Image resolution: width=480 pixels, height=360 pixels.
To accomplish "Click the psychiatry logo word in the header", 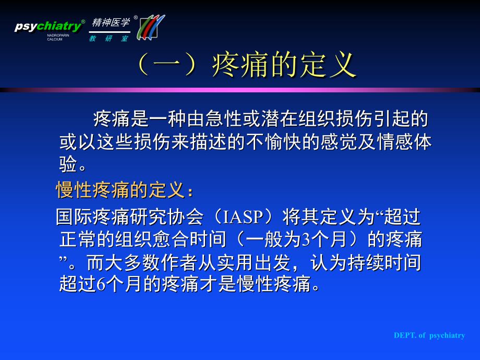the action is (x=48, y=26).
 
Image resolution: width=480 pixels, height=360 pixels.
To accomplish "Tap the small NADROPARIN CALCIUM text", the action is (x=58, y=38).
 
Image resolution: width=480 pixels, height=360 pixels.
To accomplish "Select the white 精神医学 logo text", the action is (x=111, y=22).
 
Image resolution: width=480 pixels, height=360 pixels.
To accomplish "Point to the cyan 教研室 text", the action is (x=109, y=39).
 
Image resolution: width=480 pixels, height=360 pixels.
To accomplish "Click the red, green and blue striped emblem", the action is (x=151, y=27).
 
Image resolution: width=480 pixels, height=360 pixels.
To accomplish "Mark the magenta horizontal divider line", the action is (x=240, y=90).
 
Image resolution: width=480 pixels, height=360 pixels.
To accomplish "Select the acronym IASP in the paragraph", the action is (x=243, y=217).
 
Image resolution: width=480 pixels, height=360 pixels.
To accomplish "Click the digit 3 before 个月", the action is (x=306, y=239).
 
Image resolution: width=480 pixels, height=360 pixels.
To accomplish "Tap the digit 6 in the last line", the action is (x=101, y=284).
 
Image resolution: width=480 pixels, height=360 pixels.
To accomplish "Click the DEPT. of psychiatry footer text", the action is (x=429, y=335).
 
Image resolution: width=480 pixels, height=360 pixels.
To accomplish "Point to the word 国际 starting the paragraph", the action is (x=74, y=217).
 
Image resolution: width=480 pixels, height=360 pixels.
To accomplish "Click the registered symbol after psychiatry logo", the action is (x=83, y=21).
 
